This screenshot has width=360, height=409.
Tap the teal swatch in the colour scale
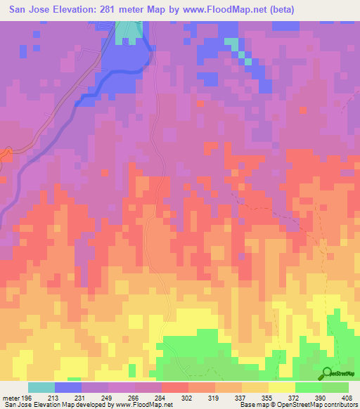point(41,387)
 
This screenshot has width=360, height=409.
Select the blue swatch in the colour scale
point(68,387)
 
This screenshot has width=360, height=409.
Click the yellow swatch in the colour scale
point(282,387)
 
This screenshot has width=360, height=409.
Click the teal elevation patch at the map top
point(129,30)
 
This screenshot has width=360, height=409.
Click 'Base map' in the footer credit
point(251,404)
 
